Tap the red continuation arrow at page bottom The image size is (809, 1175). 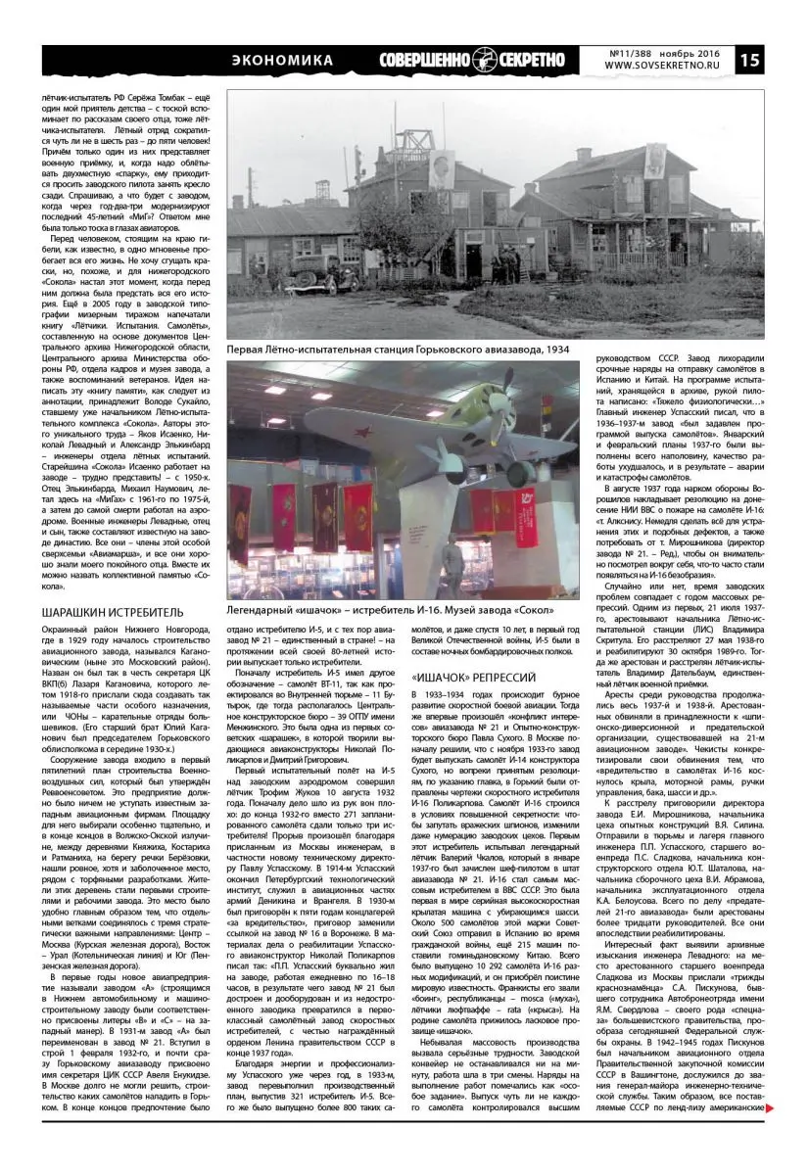pos(771,1136)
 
